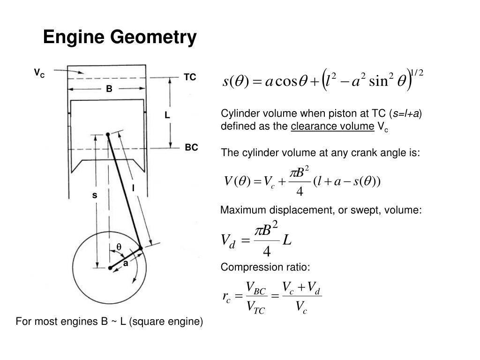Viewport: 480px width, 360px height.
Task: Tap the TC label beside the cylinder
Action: (190, 77)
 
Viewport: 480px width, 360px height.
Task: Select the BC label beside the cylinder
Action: (191, 148)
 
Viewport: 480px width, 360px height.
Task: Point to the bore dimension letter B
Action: (109, 89)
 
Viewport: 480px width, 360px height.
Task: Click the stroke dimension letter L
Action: (167, 115)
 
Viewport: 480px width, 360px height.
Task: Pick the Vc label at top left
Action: (39, 73)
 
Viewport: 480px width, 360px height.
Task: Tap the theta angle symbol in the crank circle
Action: (119, 247)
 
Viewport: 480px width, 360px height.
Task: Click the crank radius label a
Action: (126, 263)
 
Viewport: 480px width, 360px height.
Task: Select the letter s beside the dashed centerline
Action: (95, 195)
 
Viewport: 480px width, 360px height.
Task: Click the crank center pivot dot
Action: (110, 268)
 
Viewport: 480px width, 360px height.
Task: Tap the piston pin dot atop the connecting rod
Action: (108, 135)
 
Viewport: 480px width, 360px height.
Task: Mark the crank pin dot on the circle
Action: (141, 248)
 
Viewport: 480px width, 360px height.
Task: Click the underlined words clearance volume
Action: (332, 126)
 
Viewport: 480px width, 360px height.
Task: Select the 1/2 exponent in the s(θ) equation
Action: (417, 73)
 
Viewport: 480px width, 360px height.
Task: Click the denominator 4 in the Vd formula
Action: (267, 252)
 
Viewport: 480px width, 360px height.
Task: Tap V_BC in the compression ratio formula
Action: (256, 288)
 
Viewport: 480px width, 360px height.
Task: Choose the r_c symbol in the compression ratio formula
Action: (226, 297)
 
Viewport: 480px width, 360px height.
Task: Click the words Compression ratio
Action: (265, 267)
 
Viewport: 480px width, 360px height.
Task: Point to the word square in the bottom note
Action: (146, 322)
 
